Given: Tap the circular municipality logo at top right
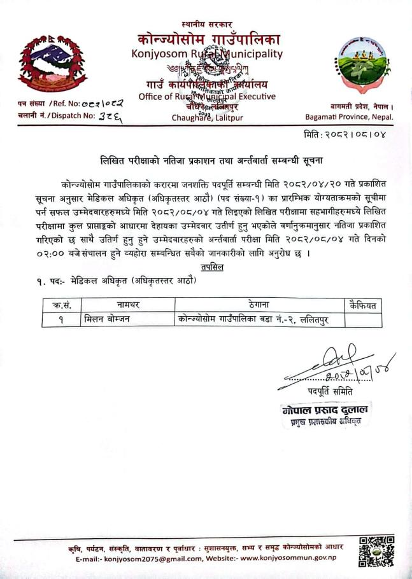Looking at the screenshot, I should click(362, 66).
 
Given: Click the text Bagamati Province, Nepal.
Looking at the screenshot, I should click(350, 117).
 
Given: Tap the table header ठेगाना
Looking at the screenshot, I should click(259, 305).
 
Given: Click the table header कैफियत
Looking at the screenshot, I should click(363, 305).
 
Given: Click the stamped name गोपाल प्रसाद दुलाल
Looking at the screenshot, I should click(326, 410).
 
